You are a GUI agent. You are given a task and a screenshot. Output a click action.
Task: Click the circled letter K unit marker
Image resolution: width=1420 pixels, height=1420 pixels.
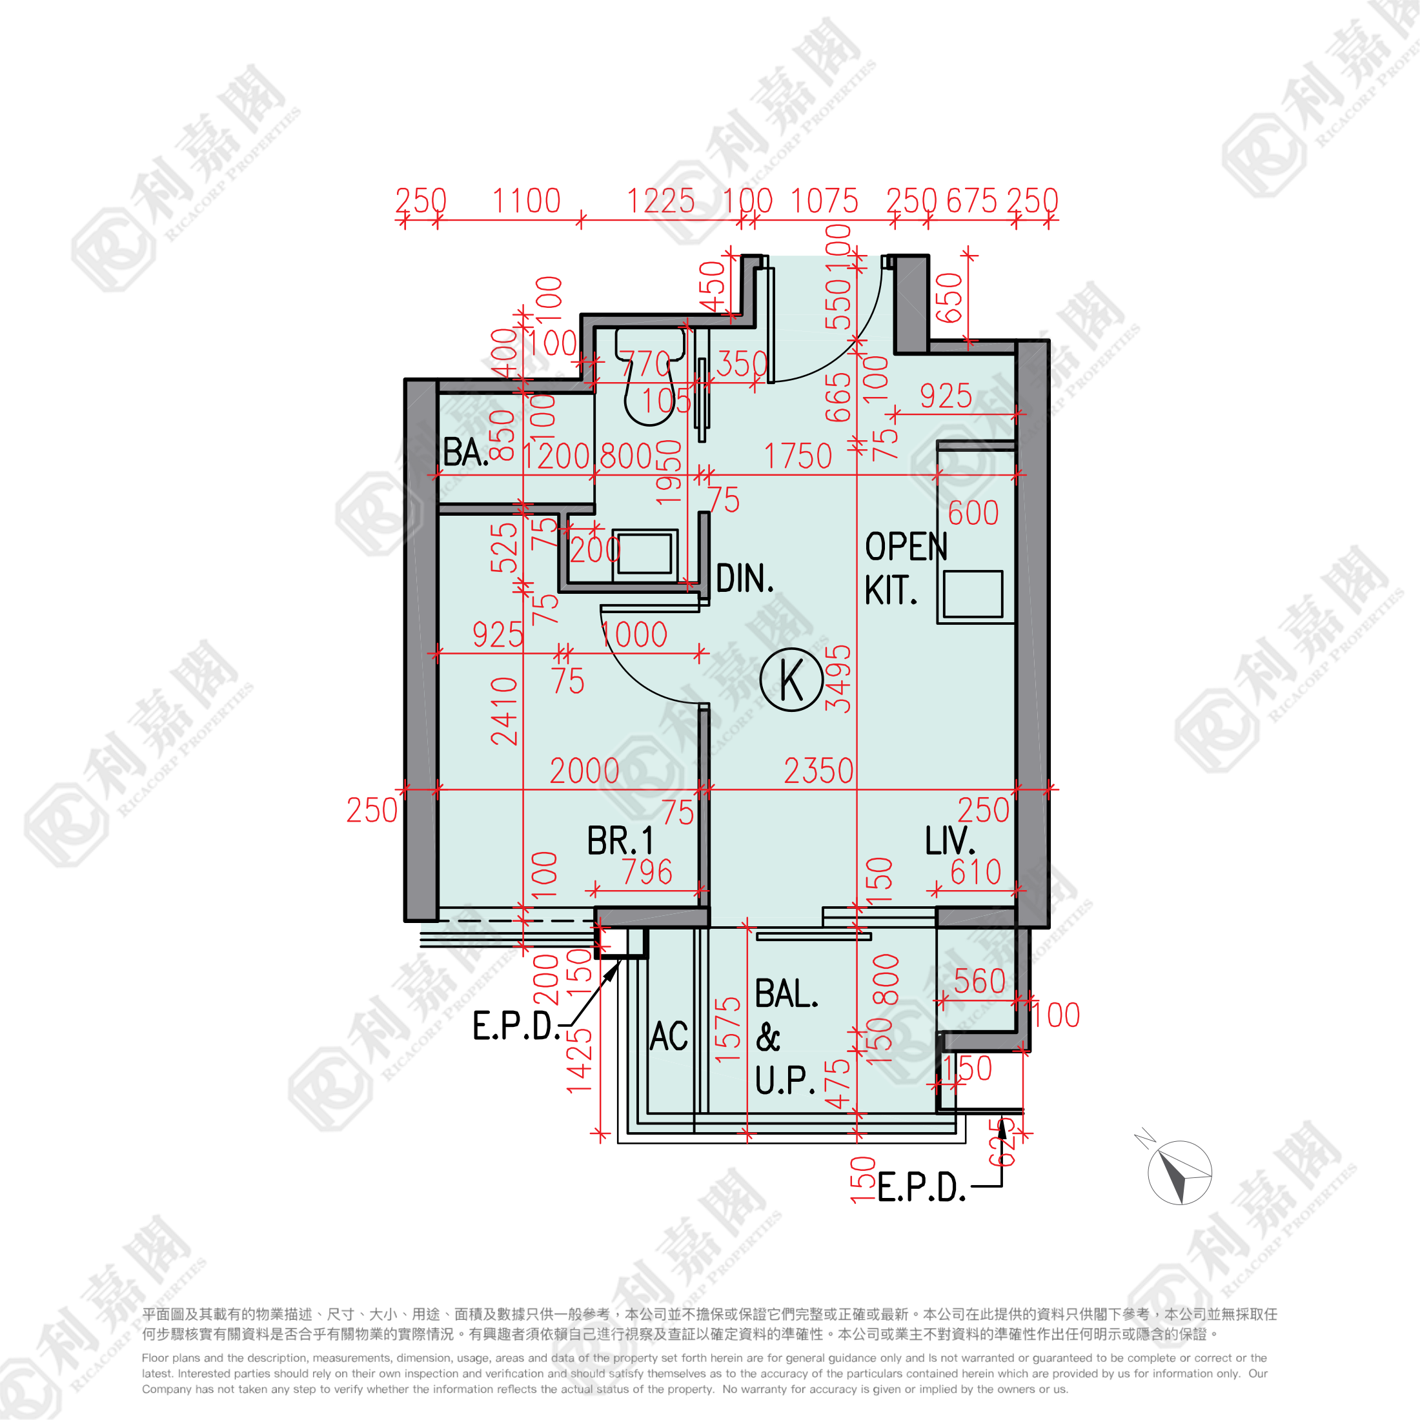(x=791, y=679)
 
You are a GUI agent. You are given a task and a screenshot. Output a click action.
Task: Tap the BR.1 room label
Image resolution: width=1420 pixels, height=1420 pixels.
(x=620, y=841)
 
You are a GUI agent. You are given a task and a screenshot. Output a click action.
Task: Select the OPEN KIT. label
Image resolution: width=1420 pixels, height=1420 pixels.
(x=906, y=568)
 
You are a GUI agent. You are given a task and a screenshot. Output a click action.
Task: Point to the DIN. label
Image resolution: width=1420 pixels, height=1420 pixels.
(x=745, y=579)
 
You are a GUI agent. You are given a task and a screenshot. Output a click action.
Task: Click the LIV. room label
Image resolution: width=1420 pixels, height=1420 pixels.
(x=949, y=841)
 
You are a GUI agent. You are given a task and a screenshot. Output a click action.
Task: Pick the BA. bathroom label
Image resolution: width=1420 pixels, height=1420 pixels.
(x=465, y=452)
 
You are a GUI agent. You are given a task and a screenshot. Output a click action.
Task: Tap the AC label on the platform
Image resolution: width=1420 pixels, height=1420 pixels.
(x=669, y=1037)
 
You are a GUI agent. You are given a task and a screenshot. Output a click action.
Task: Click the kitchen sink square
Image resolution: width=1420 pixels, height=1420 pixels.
(x=973, y=594)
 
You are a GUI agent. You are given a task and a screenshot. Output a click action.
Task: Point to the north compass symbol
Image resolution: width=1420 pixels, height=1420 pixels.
(x=1179, y=1172)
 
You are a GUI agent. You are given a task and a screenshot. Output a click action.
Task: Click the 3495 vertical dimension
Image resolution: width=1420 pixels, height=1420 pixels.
(x=838, y=678)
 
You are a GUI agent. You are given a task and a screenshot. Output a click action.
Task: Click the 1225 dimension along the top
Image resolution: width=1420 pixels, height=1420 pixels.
(x=660, y=201)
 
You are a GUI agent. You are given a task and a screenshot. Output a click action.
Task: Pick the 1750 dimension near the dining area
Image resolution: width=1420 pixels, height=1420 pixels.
(x=798, y=456)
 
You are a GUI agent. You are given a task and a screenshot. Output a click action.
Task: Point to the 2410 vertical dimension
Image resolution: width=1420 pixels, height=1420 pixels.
(x=505, y=711)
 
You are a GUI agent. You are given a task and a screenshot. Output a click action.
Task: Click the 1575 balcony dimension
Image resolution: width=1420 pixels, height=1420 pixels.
(x=727, y=1029)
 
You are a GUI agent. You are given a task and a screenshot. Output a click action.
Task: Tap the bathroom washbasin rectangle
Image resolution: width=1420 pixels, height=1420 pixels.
(x=645, y=553)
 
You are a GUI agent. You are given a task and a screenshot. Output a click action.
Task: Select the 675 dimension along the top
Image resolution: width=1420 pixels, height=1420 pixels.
(x=971, y=201)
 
